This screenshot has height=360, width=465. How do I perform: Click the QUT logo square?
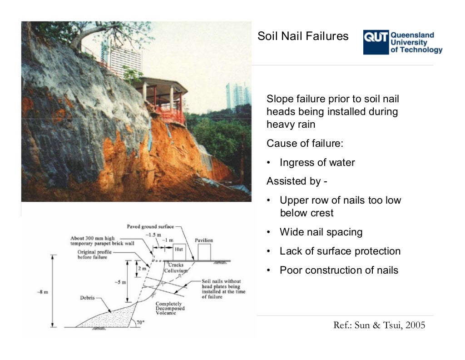click(x=376, y=43)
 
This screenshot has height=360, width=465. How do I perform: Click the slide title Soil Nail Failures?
click(x=303, y=36)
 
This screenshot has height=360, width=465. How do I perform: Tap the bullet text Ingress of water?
click(x=317, y=163)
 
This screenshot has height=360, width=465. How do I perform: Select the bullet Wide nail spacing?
click(x=321, y=232)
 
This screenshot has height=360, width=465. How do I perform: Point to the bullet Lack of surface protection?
click(x=340, y=251)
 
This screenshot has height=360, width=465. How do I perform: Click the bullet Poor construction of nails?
click(x=338, y=270)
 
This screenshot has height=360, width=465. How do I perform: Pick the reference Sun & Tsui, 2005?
click(x=379, y=325)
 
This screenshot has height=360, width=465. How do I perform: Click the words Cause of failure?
click(x=305, y=144)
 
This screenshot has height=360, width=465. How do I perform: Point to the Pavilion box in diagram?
click(x=204, y=251)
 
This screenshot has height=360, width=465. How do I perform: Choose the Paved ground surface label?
click(x=148, y=226)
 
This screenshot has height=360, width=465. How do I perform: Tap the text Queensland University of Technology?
click(x=416, y=43)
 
